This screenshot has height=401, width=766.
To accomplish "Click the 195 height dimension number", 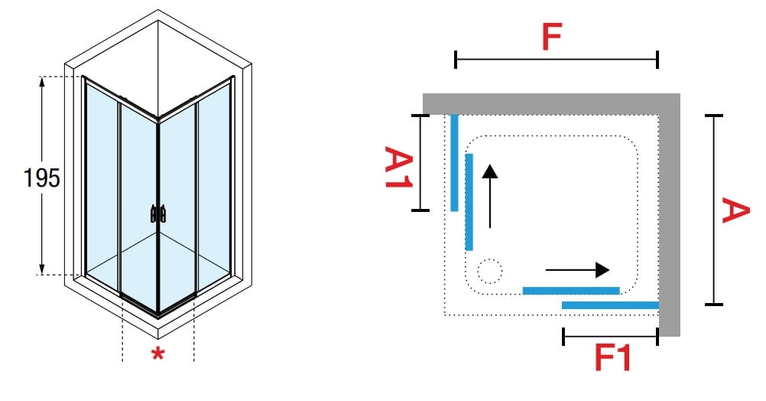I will [42, 178].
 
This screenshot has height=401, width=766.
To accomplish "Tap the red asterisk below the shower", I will [157, 354].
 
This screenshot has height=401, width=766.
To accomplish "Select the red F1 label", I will [612, 358].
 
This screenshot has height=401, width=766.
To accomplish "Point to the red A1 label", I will [398, 170].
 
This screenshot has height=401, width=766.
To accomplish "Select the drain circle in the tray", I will [488, 272].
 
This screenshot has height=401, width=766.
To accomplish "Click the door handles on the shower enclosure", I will [158, 214].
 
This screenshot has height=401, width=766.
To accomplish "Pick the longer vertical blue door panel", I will [469, 201].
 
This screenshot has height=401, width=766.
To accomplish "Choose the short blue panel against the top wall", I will [454, 162].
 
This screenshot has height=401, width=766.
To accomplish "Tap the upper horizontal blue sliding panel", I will [570, 290].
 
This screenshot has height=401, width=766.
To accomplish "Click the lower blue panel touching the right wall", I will [610, 305].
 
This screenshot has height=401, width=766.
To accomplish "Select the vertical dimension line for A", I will [714, 210].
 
